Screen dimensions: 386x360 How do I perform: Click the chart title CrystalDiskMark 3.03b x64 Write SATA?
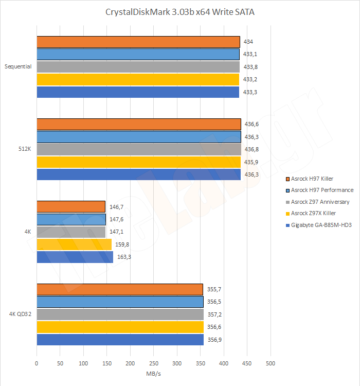pyautogui.click(x=179, y=12)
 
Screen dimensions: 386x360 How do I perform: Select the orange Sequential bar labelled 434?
pyautogui.click(x=138, y=42)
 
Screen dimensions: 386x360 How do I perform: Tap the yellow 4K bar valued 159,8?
pyautogui.click(x=74, y=244)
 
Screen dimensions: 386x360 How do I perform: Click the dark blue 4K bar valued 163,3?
pyautogui.click(x=75, y=257)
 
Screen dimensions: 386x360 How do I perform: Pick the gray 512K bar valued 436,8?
pyautogui.click(x=138, y=149)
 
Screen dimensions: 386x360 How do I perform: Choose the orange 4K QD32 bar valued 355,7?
pyautogui.click(x=119, y=289)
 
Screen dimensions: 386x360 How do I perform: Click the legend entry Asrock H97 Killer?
pyautogui.click(x=312, y=179)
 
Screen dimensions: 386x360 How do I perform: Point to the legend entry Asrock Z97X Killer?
pyautogui.click(x=313, y=214)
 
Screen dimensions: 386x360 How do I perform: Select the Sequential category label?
pyautogui.click(x=18, y=66)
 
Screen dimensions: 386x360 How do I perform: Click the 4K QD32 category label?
pyautogui.click(x=20, y=314)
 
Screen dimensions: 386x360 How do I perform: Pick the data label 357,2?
pyautogui.click(x=217, y=314)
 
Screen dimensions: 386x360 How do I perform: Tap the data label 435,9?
pyautogui.click(x=251, y=162)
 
